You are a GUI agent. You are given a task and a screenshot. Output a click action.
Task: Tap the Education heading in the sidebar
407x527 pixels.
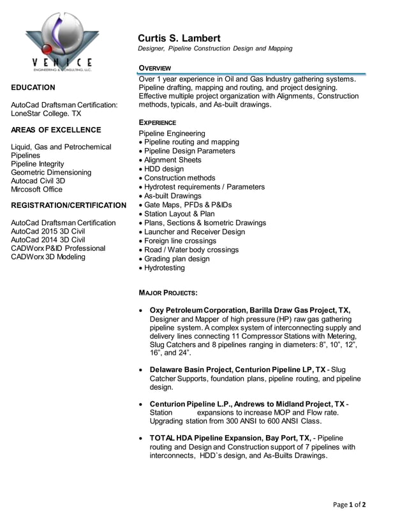(33, 87)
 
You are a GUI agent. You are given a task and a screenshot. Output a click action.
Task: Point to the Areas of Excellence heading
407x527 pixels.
(56, 130)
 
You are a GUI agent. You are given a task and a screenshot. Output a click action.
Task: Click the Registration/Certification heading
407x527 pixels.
(69, 205)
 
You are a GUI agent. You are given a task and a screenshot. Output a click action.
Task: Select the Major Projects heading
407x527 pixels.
(168, 292)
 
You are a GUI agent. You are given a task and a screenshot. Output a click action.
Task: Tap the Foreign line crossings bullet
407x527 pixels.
(180, 241)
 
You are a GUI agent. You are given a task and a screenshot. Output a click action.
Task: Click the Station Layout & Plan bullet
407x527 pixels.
(179, 214)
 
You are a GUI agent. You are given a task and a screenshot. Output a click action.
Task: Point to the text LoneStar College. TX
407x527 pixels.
(46, 113)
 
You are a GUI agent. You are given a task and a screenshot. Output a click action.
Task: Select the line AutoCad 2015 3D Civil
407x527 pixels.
(57, 232)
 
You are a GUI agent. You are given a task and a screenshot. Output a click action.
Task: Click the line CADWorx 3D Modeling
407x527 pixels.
(48, 256)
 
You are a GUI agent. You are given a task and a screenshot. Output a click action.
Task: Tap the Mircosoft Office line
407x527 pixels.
(37, 189)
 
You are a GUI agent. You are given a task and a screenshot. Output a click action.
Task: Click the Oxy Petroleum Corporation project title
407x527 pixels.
(249, 310)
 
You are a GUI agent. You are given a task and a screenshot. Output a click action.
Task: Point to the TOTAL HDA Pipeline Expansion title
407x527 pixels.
(231, 438)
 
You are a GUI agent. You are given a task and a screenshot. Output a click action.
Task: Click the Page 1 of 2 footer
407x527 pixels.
(350, 505)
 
